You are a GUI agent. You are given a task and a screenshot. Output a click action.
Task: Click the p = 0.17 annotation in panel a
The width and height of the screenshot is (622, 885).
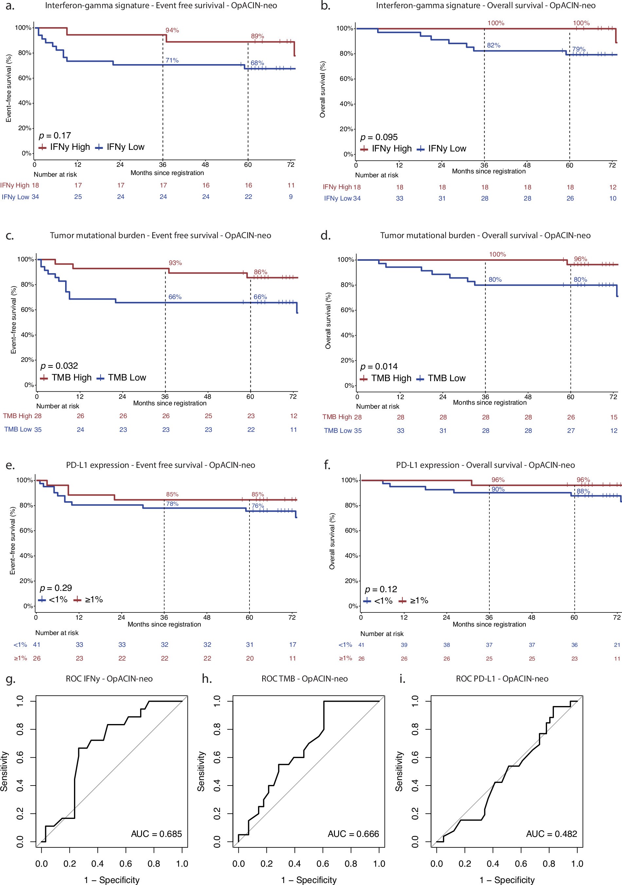tap(55, 136)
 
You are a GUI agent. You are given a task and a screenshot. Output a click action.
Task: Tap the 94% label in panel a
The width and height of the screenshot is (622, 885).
tap(172, 30)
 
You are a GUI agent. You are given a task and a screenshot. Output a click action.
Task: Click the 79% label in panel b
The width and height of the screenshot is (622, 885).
tap(578, 49)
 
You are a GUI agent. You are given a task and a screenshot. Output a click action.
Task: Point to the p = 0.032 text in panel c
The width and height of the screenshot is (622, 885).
tap(59, 366)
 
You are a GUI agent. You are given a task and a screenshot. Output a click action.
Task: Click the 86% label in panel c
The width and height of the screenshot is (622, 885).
tap(260, 272)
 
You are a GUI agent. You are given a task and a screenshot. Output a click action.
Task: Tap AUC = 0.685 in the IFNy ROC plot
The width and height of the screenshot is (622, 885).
tap(156, 834)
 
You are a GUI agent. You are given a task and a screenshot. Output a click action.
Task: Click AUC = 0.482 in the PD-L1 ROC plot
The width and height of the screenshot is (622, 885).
tap(551, 834)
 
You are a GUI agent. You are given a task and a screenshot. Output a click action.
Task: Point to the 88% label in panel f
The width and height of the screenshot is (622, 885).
tap(583, 491)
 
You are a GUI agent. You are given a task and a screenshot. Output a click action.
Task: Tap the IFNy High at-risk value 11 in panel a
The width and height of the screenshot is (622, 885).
tap(291, 186)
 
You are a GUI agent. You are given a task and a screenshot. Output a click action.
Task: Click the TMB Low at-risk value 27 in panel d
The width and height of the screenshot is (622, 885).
tap(571, 431)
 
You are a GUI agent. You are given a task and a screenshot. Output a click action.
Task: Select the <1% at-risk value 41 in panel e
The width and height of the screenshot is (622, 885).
tap(37, 645)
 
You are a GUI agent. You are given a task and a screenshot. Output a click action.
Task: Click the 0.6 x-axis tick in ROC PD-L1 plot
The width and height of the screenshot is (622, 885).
tap(521, 863)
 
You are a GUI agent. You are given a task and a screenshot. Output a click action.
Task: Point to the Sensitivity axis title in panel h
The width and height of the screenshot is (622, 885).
tap(201, 771)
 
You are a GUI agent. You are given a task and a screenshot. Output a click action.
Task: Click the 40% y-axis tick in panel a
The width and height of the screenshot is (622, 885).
tap(25, 103)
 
